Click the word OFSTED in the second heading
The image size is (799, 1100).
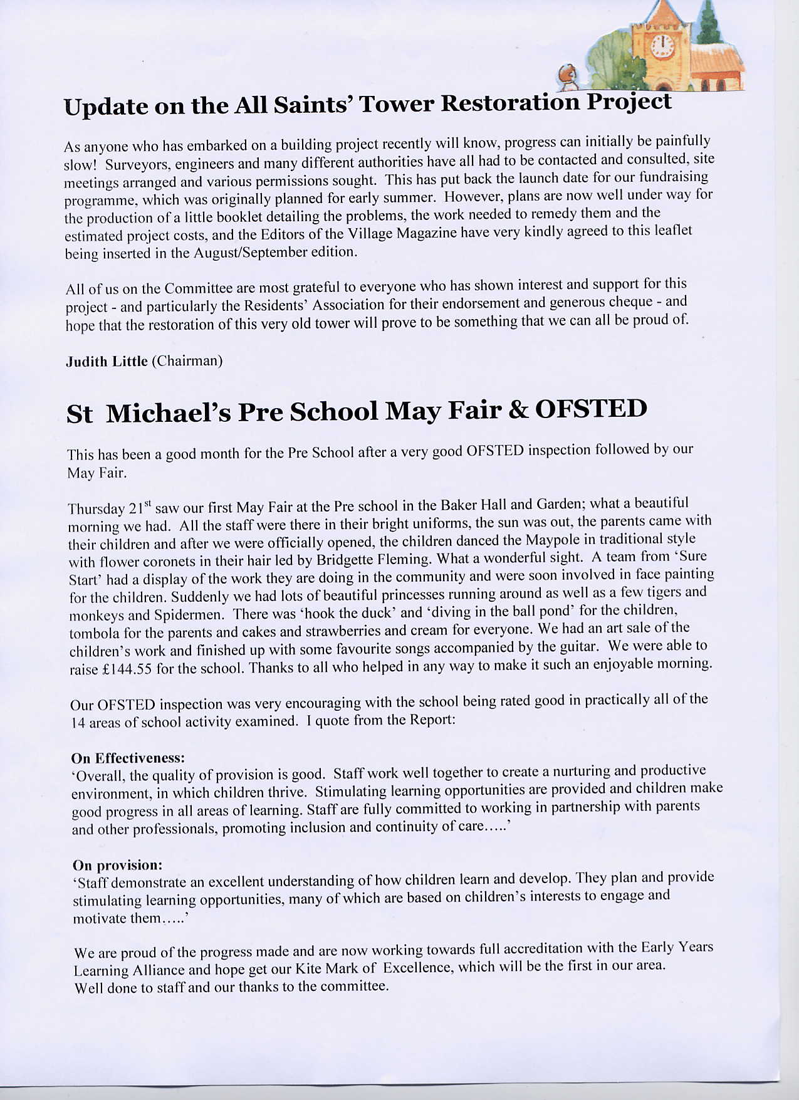pyautogui.click(x=590, y=409)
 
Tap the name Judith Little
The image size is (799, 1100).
pyautogui.click(x=107, y=362)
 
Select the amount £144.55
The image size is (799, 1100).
pyautogui.click(x=127, y=669)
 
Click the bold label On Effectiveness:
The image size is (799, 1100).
pyautogui.click(x=128, y=758)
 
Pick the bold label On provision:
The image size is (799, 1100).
pyautogui.click(x=117, y=866)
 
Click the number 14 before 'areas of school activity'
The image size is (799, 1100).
pyautogui.click(x=78, y=723)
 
